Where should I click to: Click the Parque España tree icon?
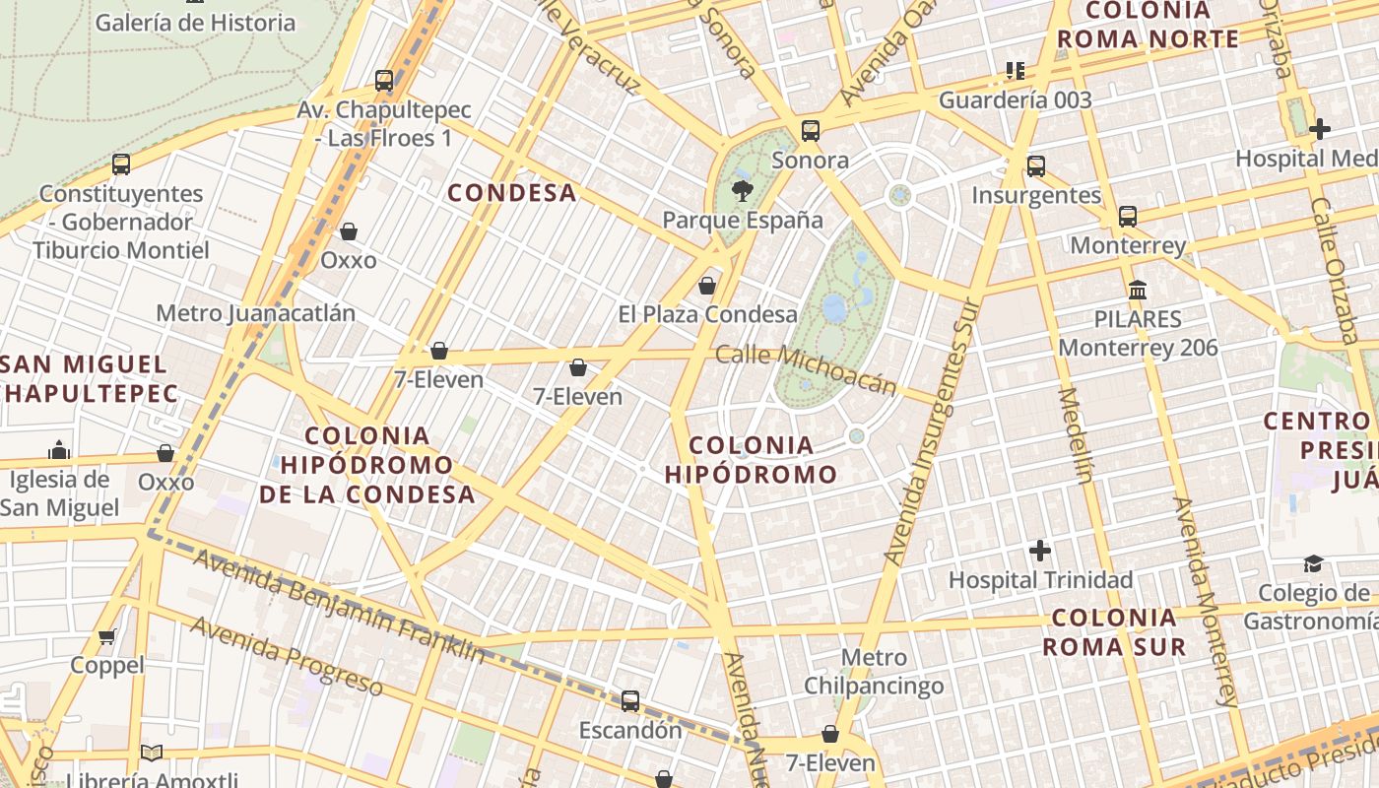(x=742, y=190)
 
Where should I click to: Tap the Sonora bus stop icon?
(x=811, y=130)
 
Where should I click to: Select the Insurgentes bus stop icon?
(x=1035, y=165)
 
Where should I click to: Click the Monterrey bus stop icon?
(x=1128, y=216)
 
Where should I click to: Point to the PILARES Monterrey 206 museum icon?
(x=1138, y=290)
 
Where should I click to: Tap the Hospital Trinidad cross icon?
(x=1040, y=550)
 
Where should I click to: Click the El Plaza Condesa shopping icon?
(x=706, y=286)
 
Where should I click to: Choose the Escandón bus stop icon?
(x=630, y=701)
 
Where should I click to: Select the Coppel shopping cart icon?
(x=107, y=636)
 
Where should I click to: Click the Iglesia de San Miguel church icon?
(x=59, y=450)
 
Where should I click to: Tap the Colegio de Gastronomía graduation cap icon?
(x=1313, y=563)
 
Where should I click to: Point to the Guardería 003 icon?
(x=1016, y=71)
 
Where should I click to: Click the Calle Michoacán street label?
(x=807, y=368)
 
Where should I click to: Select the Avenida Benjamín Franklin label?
(x=340, y=606)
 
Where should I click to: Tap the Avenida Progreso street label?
(x=286, y=655)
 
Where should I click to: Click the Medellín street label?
(x=1075, y=434)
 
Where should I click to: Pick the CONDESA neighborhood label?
(x=512, y=192)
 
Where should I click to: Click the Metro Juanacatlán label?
(x=255, y=313)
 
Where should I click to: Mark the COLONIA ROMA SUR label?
(x=1114, y=632)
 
